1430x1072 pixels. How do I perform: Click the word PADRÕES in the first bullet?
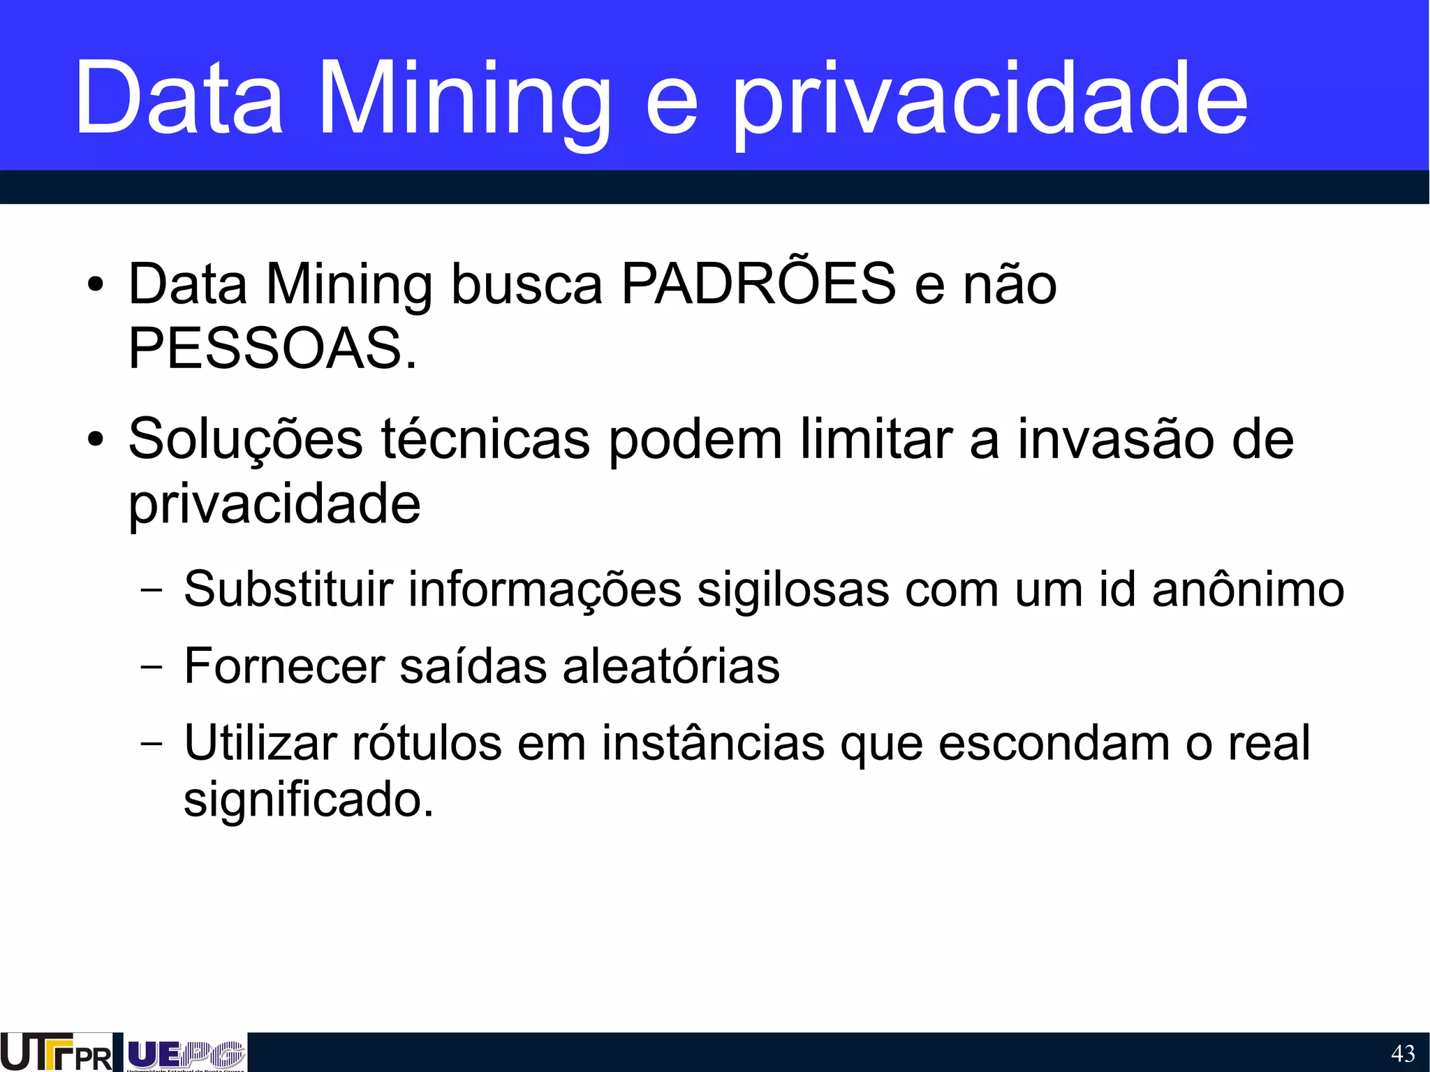click(758, 284)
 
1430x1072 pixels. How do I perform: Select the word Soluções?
click(246, 440)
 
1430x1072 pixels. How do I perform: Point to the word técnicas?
click(486, 440)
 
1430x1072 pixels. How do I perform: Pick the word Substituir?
click(288, 589)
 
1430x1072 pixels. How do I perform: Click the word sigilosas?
click(793, 589)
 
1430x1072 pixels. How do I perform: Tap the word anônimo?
click(1248, 589)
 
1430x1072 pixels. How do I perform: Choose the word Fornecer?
click(284, 666)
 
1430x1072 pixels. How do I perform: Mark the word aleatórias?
click(671, 666)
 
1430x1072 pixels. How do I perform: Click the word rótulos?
click(427, 742)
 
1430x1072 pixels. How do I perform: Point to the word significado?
click(308, 799)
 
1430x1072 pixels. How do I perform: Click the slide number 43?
click(1403, 1053)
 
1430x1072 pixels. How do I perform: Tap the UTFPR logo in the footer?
click(56, 1052)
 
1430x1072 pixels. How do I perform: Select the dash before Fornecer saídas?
click(151, 666)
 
